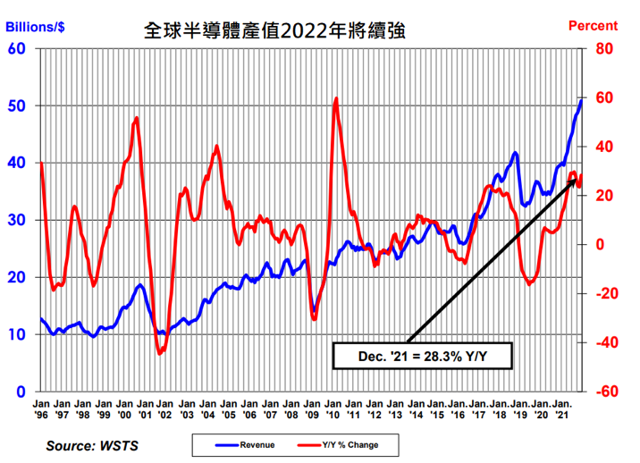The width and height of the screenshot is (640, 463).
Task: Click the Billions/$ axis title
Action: [x=37, y=24]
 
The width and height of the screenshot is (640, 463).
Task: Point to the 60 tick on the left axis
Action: [x=16, y=48]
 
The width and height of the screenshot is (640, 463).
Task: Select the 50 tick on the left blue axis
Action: [x=16, y=105]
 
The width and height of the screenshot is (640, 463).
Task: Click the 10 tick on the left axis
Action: [x=16, y=334]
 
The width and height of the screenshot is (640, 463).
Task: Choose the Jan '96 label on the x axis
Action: [x=42, y=409]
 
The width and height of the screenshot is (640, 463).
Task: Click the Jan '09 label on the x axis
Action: [x=312, y=409]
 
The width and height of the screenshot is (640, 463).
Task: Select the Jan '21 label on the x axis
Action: [x=561, y=409]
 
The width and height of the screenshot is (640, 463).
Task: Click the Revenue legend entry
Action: [x=245, y=444]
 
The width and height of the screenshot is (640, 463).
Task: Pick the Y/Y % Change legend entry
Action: [x=344, y=444]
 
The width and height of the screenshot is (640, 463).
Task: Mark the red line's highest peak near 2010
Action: [x=336, y=98]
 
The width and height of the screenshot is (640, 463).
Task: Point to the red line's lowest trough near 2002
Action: [x=160, y=354]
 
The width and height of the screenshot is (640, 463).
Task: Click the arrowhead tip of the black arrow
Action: [x=577, y=178]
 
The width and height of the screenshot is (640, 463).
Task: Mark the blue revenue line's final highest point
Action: [x=582, y=100]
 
